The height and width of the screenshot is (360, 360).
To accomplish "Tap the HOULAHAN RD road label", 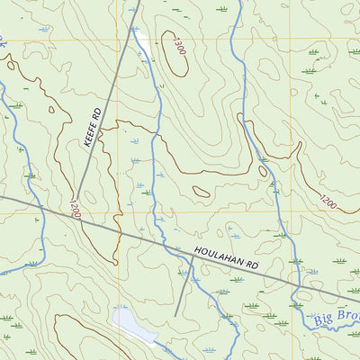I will click(x=225, y=256).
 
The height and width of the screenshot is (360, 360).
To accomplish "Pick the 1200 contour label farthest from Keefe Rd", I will click(x=328, y=203).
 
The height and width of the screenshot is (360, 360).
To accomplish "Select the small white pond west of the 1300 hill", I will click(x=142, y=40).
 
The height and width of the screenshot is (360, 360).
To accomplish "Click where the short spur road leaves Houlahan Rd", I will click(x=192, y=256).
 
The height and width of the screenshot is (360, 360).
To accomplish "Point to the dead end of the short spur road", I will click(x=176, y=315).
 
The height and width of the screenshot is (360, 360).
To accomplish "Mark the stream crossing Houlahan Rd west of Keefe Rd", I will click(x=40, y=205).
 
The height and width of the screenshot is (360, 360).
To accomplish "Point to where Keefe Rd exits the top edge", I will click(x=138, y=2).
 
